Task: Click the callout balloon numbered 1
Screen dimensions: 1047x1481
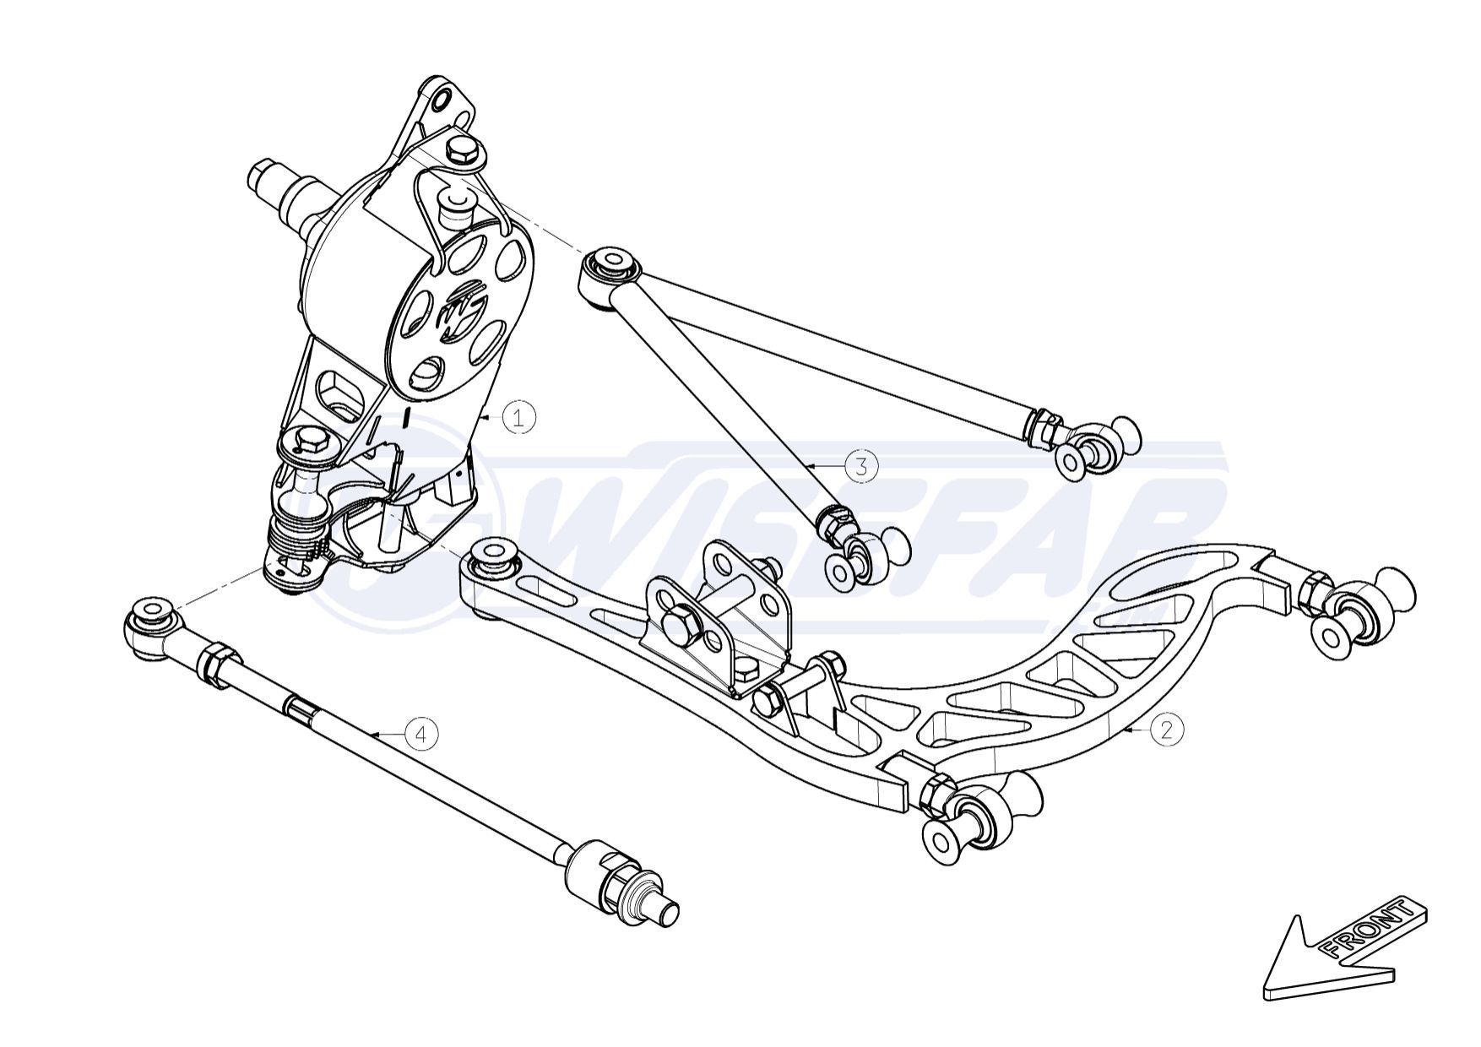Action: coord(519,417)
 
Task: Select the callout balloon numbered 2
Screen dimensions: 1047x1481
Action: coord(1167,729)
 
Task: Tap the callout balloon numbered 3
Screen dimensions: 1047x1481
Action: coord(861,465)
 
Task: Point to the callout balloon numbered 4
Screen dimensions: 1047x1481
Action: coord(422,733)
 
